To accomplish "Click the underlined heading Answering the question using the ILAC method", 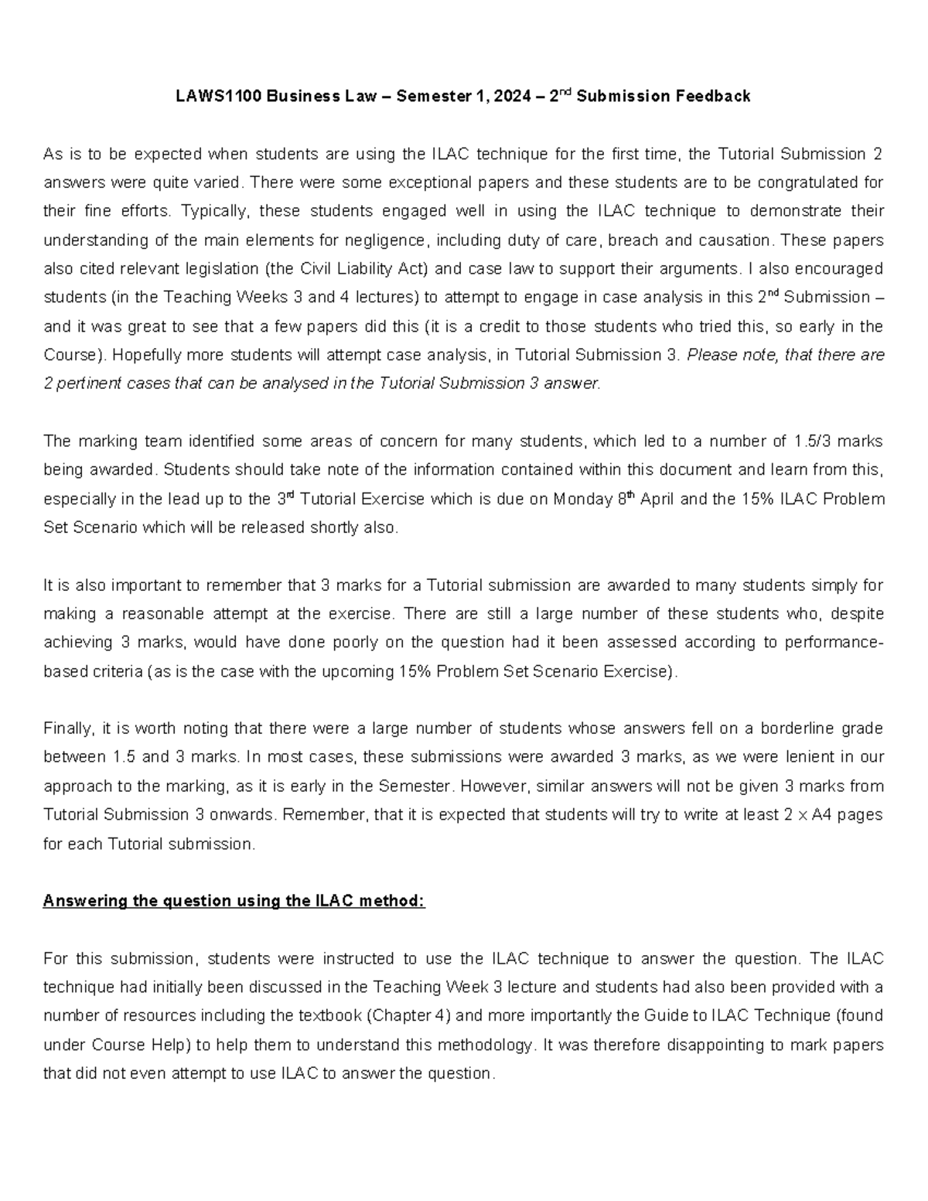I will [x=234, y=901].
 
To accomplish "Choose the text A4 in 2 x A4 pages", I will [x=821, y=815].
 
